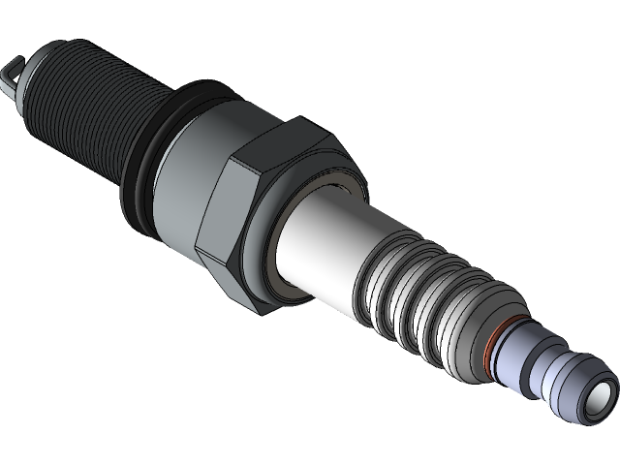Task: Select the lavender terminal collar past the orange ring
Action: [518, 358]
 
